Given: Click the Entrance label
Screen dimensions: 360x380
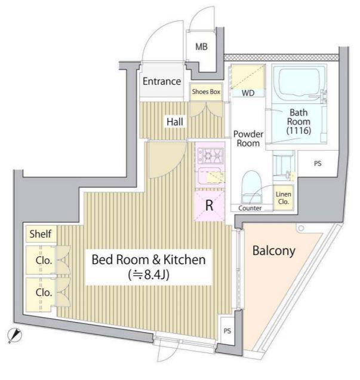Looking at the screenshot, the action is click(161, 81).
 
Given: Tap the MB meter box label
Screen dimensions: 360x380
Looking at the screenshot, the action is click(201, 47).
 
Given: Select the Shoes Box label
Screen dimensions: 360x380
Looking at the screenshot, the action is click(206, 91).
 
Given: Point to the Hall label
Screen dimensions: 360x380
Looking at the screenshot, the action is click(175, 121).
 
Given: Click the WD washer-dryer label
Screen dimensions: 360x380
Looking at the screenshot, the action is click(248, 93).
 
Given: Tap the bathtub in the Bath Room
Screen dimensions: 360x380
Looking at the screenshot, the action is click(300, 82).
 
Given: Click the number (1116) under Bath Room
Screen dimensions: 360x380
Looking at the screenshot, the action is click(299, 131).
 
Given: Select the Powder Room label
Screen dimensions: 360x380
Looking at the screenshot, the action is click(248, 139).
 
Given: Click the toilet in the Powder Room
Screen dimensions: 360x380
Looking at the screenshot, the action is click(252, 186).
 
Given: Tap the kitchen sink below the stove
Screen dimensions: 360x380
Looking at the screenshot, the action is click(210, 176).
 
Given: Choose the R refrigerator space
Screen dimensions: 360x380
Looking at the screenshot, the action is click(209, 206).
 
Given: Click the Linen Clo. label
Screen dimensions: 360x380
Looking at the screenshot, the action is click(283, 198).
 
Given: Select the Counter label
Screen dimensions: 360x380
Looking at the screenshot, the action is click(250, 208).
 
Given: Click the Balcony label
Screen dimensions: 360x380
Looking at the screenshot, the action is click(274, 251).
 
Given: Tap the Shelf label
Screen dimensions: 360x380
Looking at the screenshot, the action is click(41, 234).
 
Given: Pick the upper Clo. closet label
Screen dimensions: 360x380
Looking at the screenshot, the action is click(44, 261).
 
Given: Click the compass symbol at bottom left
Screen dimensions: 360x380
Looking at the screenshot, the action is click(14, 335).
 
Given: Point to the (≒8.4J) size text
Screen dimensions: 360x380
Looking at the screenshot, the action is click(149, 275).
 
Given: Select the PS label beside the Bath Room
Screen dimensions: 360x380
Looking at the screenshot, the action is click(318, 164).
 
